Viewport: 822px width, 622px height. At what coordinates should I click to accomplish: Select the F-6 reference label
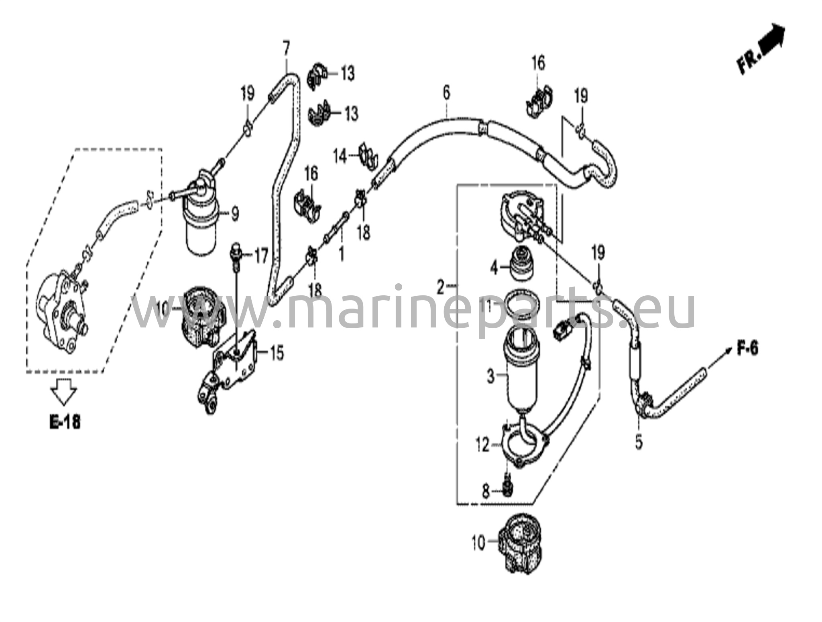point(747,348)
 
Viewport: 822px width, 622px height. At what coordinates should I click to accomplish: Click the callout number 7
point(286,49)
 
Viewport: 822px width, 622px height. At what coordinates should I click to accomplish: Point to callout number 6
point(446,93)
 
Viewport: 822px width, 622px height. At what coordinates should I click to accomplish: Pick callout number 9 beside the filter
point(235,214)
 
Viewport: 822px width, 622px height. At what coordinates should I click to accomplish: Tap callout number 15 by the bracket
point(277,353)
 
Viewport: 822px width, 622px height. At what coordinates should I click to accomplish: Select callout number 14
point(340,156)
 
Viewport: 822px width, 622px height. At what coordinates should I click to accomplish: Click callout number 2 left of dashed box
point(441,287)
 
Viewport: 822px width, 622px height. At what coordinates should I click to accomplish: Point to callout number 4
point(494,268)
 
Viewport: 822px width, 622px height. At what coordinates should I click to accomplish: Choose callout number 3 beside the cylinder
point(491,376)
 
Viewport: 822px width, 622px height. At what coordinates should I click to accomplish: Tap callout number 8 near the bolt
point(486,492)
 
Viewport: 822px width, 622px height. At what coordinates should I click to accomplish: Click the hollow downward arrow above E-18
point(63,391)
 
